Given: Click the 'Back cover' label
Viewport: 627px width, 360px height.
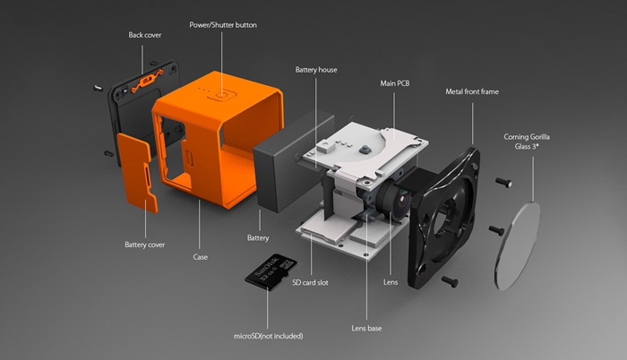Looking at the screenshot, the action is point(145,35).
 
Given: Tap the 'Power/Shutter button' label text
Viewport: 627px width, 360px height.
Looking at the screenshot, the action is point(223,25).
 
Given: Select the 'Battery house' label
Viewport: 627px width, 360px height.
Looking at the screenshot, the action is point(316,70).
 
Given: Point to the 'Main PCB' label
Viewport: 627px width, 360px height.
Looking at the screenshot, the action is point(395,83).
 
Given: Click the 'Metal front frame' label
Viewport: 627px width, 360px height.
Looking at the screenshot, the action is point(472,91).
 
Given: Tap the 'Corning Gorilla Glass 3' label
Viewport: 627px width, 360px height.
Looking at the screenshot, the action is point(527,141).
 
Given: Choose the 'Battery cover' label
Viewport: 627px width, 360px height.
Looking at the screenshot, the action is point(145,244).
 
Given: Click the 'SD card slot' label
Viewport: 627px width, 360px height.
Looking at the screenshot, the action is point(310,282).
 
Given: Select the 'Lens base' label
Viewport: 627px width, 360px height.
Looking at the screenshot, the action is point(366,329).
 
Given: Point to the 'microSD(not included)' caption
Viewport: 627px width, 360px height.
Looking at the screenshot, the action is point(269,336).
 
